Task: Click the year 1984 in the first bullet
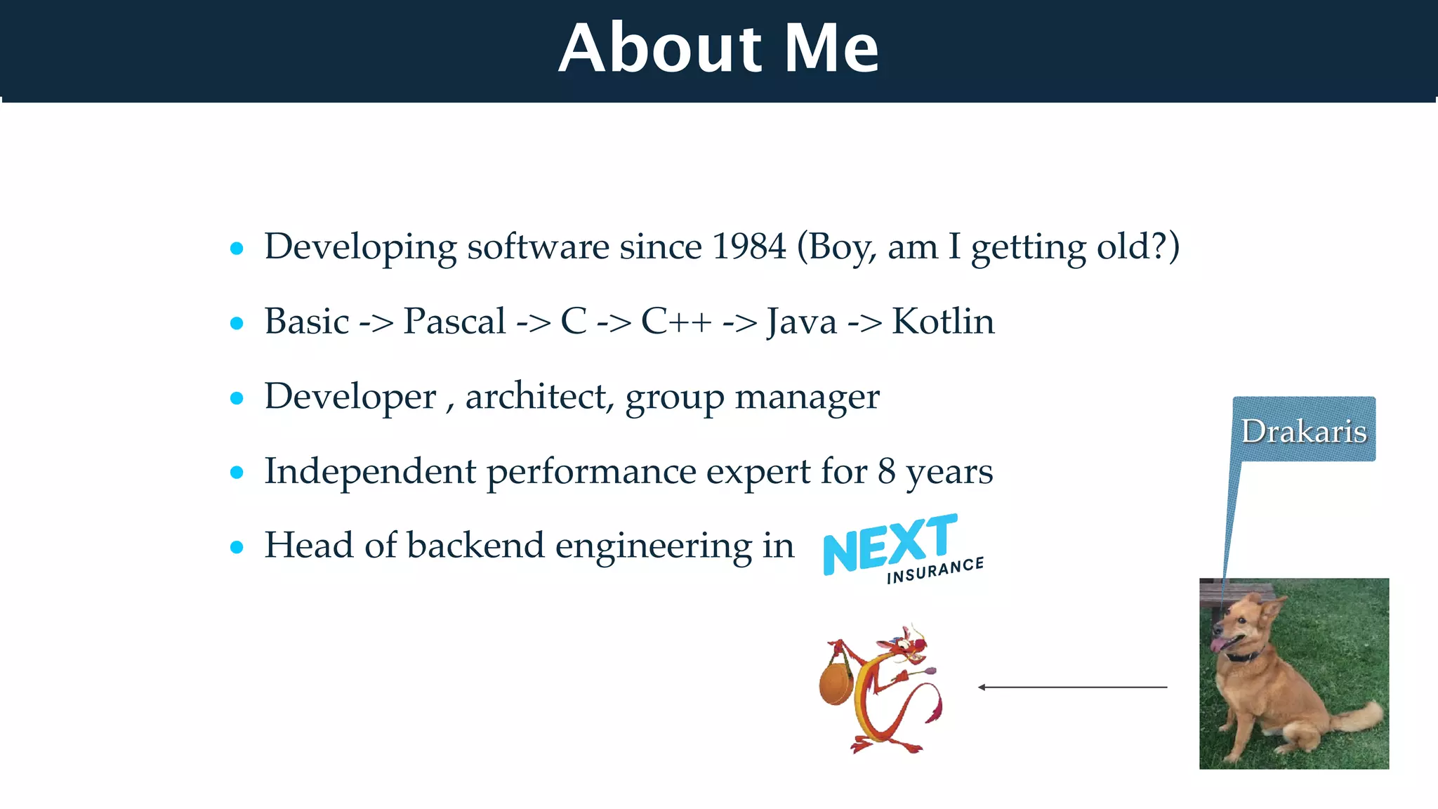[748, 246]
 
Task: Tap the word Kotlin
[943, 322]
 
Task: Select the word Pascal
[454, 322]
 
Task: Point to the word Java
[801, 322]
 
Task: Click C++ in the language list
[675, 322]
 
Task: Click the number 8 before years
[886, 471]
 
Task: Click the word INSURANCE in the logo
[935, 571]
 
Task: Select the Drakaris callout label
[1304, 430]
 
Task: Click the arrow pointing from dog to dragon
[1072, 687]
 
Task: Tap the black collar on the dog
[1243, 657]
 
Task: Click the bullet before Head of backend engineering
[237, 547]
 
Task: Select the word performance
[591, 471]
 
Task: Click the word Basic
[307, 322]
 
